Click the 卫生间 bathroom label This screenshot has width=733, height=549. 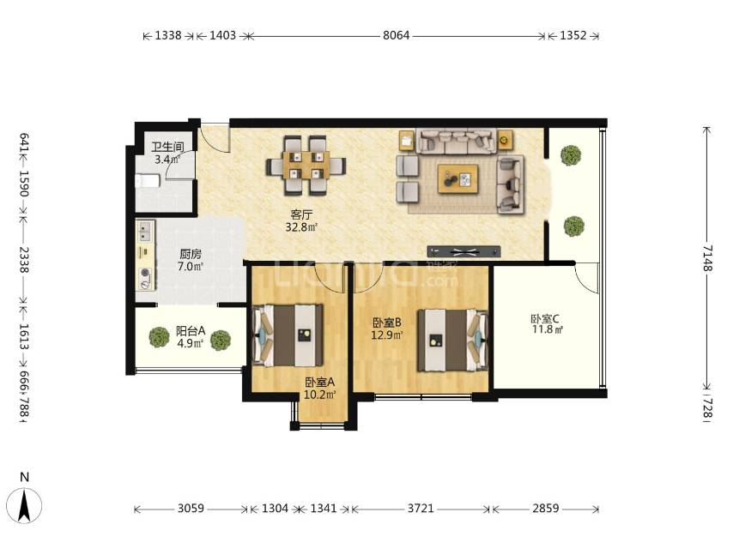pos(167,147)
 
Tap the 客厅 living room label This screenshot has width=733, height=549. pos(301,215)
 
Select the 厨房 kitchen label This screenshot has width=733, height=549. pos(191,254)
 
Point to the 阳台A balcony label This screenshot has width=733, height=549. pos(191,331)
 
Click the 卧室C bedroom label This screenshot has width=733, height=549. pos(545,318)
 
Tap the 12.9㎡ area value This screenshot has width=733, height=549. pos(387,335)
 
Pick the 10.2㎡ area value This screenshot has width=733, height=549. pos(320,395)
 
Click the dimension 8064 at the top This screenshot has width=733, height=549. pos(396,35)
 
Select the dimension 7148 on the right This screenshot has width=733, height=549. pos(706,257)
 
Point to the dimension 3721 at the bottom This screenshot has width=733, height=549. pos(421,509)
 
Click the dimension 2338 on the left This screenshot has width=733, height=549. pos(24,260)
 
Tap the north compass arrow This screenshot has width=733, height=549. pos(24,504)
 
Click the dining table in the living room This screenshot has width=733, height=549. pos(306,165)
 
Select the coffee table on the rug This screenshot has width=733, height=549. pos(457,178)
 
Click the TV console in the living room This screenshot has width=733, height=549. pos(463,251)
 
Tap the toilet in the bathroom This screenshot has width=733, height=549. pos(148,181)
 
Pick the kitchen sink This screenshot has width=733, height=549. pos(145,232)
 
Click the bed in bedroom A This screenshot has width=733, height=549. pos(288,335)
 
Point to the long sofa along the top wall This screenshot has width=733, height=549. pos(457,141)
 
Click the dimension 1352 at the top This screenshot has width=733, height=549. pos(572,35)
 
